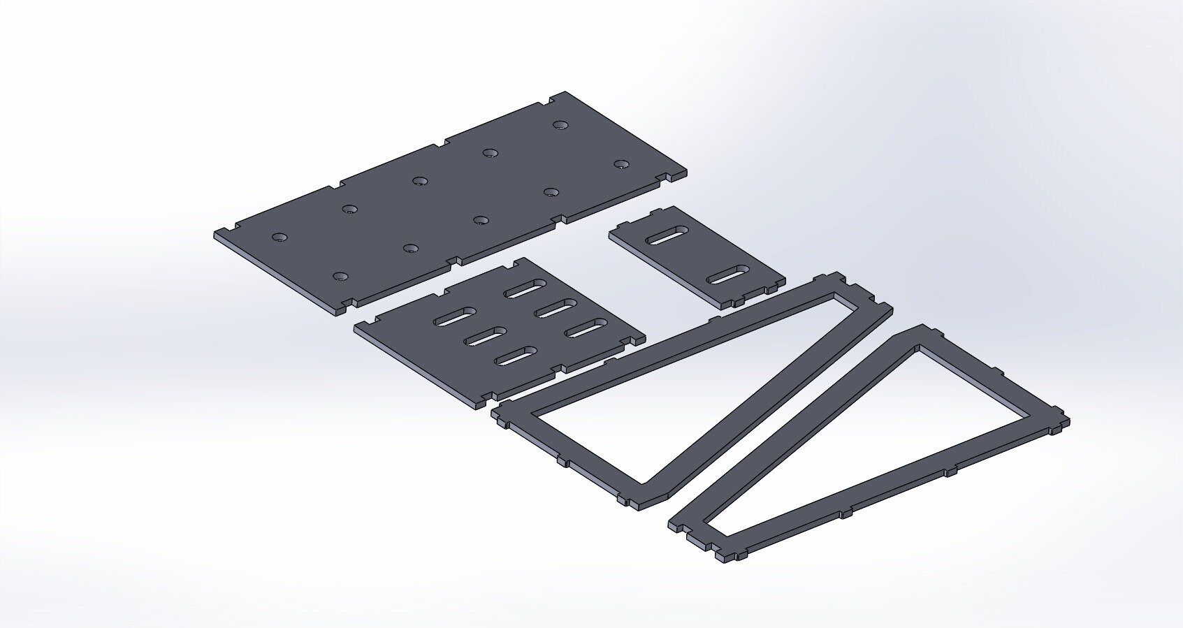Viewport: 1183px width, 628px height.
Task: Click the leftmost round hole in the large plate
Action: point(280,237)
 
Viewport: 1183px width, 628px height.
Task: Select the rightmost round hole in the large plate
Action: point(621,164)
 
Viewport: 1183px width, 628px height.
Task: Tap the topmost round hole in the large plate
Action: point(560,125)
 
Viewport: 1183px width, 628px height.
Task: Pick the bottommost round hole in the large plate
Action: point(340,277)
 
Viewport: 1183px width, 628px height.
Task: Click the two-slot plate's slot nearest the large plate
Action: point(667,235)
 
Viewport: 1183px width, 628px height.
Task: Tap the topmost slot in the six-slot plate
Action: point(526,289)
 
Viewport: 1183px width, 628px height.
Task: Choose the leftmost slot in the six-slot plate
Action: point(455,317)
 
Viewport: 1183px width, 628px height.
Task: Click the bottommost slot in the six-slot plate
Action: point(516,356)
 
